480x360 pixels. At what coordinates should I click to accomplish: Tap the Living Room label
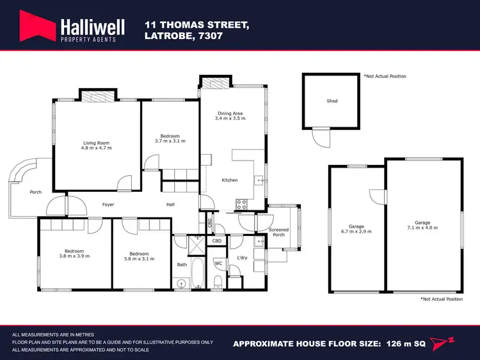click(x=97, y=143)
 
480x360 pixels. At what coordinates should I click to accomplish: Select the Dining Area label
click(x=230, y=113)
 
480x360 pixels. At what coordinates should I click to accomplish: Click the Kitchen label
click(x=230, y=180)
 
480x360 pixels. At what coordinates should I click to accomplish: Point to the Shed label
click(x=332, y=101)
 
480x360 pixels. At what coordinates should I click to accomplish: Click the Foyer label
click(x=108, y=205)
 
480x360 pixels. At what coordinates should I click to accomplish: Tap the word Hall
click(x=170, y=205)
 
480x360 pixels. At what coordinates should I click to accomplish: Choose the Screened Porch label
click(x=278, y=231)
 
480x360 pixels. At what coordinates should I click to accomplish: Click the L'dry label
click(x=242, y=257)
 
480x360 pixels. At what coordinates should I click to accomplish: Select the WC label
click(x=218, y=263)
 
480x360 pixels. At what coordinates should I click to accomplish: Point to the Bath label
click(x=182, y=264)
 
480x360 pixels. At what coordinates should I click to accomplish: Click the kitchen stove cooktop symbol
click(x=243, y=205)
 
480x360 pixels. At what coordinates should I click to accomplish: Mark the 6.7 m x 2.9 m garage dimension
click(x=356, y=231)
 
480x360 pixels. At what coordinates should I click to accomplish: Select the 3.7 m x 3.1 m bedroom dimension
click(x=170, y=141)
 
